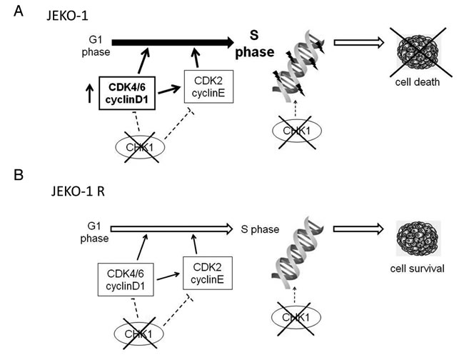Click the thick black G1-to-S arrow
173,43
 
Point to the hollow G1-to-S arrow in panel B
171,229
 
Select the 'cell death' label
418,82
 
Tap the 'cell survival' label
418,269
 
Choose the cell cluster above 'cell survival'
418,238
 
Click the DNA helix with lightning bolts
298,66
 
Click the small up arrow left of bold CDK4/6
90,94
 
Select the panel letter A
19,11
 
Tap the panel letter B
19,175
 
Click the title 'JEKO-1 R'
78,191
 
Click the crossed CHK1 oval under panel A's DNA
297,131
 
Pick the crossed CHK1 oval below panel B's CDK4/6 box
138,334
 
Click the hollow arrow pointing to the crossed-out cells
359,43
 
